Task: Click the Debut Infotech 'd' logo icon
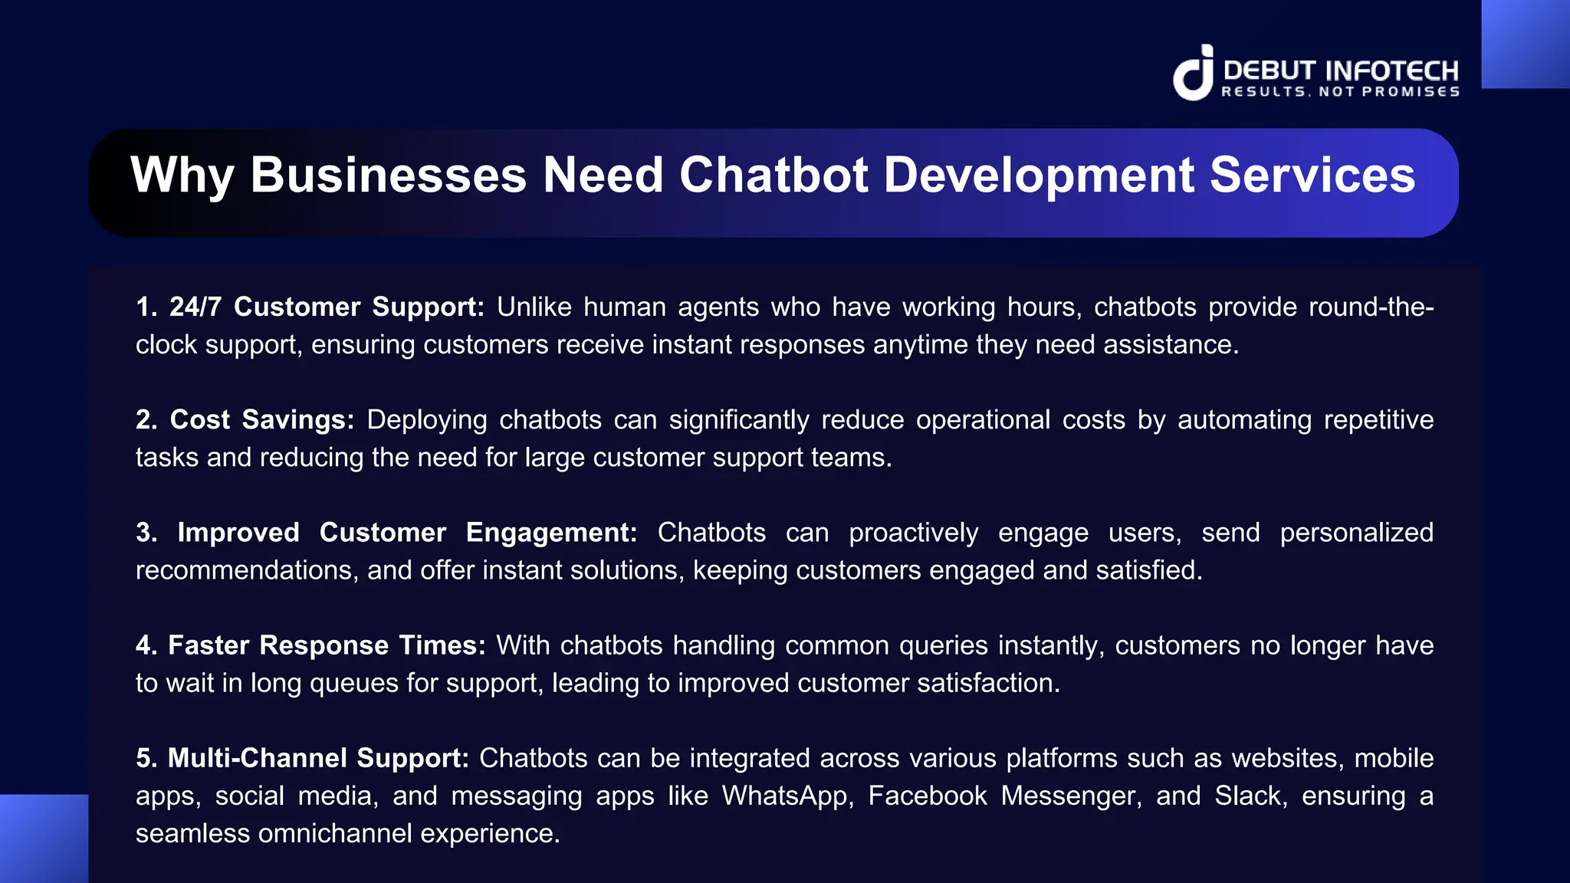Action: point(1193,74)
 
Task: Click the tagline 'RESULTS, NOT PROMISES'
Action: point(1340,92)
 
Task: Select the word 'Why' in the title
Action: point(182,176)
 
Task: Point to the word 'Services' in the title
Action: point(1312,175)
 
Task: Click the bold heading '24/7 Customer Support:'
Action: point(310,307)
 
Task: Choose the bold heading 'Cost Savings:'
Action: point(245,420)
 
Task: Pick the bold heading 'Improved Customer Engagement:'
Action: point(386,533)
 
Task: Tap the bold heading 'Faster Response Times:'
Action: point(310,645)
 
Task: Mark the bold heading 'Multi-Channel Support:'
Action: point(302,758)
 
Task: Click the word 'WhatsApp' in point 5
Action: point(787,796)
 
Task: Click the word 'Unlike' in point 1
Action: point(534,307)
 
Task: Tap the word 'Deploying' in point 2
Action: point(427,420)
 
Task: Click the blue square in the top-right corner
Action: point(1525,44)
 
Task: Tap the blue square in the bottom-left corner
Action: point(44,839)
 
